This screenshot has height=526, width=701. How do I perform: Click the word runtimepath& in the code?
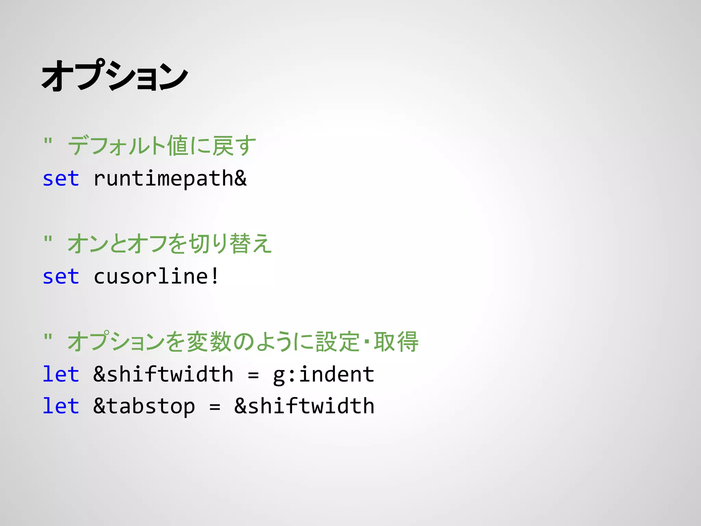170,179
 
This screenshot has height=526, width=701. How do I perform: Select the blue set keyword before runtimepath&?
61,179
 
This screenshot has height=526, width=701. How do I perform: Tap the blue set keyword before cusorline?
61,276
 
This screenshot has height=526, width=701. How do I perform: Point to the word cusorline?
156,276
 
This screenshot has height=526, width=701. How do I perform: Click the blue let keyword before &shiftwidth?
61,374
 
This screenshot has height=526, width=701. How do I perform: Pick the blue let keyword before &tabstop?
61,406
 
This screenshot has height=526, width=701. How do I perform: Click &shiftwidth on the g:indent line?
163,374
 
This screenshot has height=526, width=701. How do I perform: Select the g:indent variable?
323,375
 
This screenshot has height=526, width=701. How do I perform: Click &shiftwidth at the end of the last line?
304,406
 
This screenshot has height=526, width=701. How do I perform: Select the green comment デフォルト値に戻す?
162,146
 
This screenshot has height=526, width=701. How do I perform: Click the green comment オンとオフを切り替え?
169,243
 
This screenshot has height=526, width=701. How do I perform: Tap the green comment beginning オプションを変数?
243,341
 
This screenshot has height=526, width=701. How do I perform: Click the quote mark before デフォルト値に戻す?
48,141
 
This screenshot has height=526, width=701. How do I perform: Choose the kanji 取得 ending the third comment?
396,341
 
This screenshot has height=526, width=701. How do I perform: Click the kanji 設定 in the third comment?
337,341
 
